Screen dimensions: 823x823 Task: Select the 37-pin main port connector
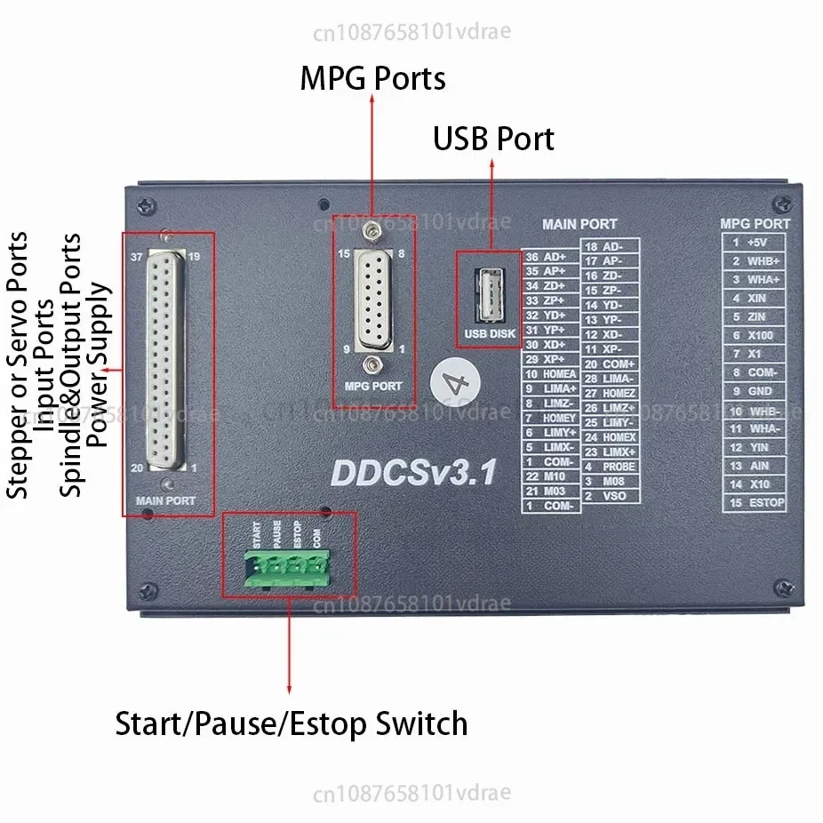pyautogui.click(x=166, y=359)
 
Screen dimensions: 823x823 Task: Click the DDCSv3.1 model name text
pyautogui.click(x=414, y=472)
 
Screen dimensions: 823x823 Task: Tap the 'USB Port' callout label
pyautogui.click(x=493, y=140)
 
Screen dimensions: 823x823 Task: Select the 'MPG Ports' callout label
pyautogui.click(x=372, y=79)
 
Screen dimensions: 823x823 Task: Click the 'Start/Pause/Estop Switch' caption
pyautogui.click(x=292, y=723)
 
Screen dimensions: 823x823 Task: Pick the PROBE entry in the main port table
pyautogui.click(x=619, y=467)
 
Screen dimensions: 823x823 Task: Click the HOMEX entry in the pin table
pyautogui.click(x=619, y=437)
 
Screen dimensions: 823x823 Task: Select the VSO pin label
pyautogui.click(x=614, y=495)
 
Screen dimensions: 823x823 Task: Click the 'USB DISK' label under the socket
pyautogui.click(x=490, y=334)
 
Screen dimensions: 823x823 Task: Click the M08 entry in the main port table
pyautogui.click(x=614, y=481)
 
